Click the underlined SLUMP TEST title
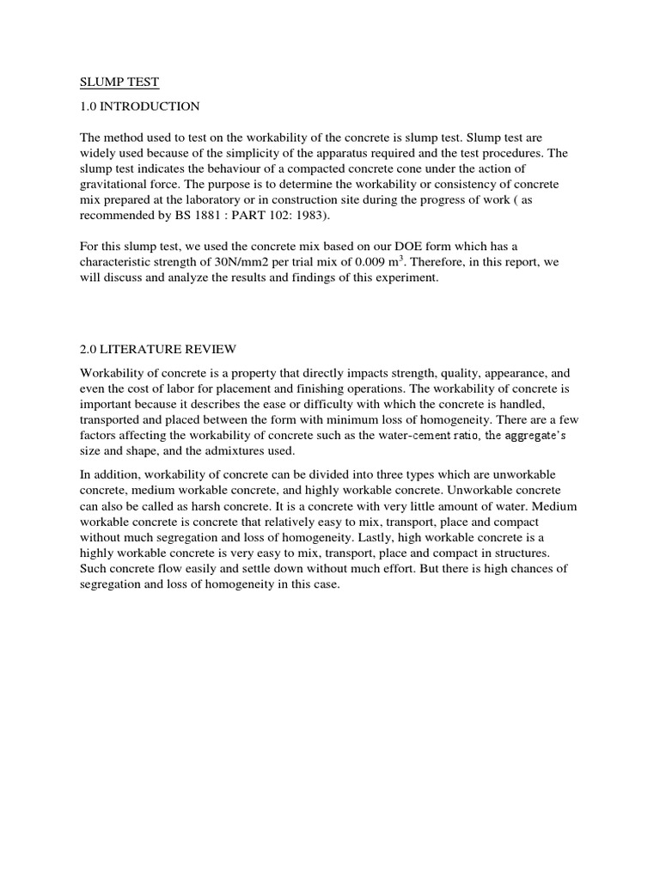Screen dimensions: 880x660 pos(119,82)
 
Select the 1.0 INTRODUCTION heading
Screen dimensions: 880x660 pos(139,107)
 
